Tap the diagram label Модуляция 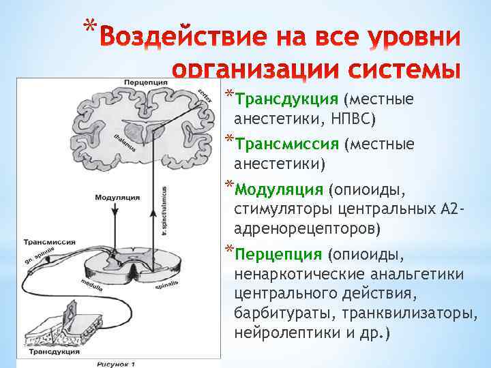point(117,197)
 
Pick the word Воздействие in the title point(177,39)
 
